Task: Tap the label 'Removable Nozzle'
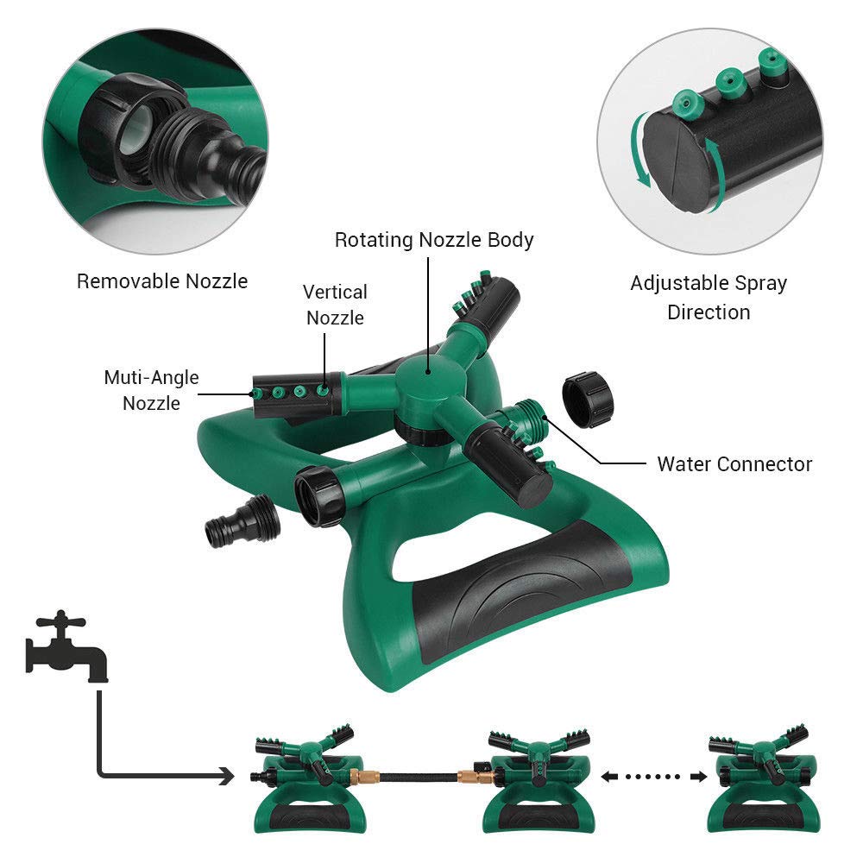pos(162,280)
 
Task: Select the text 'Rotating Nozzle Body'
pos(434,239)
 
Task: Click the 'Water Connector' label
pos(734,463)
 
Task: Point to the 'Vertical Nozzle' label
pos(335,305)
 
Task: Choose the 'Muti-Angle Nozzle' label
pos(151,390)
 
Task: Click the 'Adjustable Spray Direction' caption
pos(709,297)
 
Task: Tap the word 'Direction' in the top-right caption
pos(709,312)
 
